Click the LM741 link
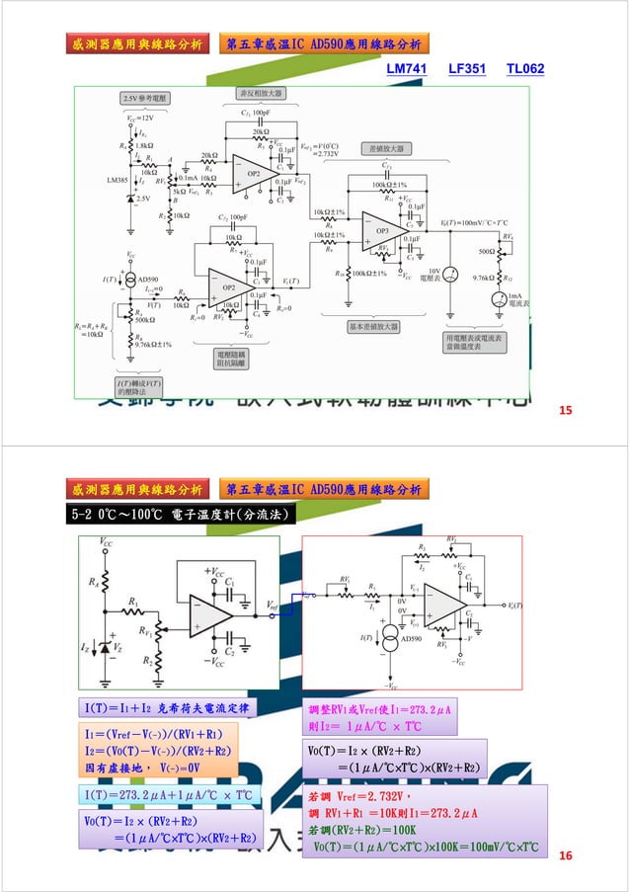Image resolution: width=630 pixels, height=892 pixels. [x=406, y=70]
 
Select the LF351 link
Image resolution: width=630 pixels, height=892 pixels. [x=467, y=70]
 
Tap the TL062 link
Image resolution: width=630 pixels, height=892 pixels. [x=524, y=70]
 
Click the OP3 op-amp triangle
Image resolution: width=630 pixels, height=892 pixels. [x=383, y=230]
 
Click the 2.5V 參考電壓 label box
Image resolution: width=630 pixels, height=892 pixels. [x=145, y=99]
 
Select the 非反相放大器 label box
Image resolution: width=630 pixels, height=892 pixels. [x=261, y=93]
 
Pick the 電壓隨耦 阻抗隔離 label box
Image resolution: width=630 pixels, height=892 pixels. [x=234, y=357]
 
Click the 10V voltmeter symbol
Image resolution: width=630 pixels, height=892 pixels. [x=451, y=274]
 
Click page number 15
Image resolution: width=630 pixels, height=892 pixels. [x=566, y=409]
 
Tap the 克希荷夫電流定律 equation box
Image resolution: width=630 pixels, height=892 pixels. [x=168, y=707]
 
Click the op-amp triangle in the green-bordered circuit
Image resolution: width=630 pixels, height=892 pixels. [x=208, y=616]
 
